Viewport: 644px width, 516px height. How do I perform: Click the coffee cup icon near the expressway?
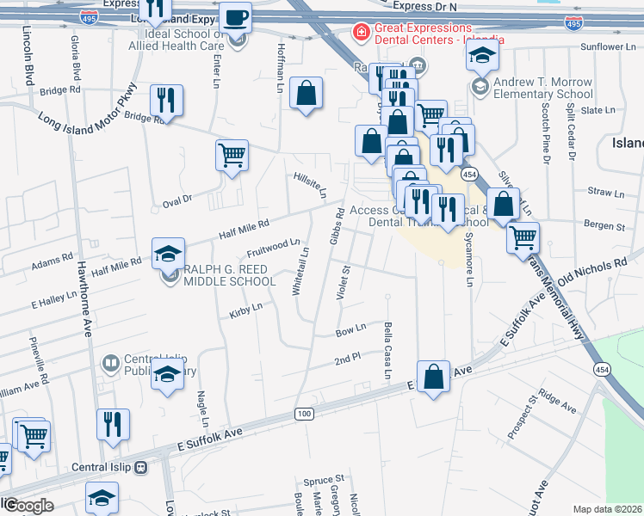[x=235, y=17]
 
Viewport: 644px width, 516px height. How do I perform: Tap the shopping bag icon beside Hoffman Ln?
[x=306, y=94]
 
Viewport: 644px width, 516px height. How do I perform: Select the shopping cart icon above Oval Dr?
[x=232, y=156]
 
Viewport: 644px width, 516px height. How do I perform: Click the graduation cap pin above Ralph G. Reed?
[x=169, y=254]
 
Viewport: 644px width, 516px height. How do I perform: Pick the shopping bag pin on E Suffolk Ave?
[x=435, y=375]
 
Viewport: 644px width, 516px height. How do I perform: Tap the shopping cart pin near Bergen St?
[x=523, y=238]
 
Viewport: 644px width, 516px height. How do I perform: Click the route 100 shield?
[x=303, y=415]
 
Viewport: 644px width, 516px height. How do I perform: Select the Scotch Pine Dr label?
[x=546, y=136]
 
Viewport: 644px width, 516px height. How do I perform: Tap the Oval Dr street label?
[x=176, y=200]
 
